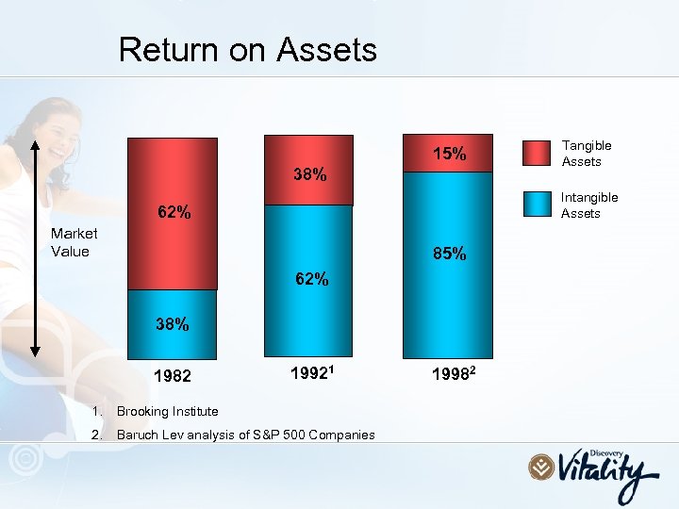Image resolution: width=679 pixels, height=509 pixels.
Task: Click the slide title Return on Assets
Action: tap(247, 50)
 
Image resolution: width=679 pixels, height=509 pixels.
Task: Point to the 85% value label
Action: tap(449, 254)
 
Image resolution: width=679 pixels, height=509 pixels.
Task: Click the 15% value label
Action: tap(449, 154)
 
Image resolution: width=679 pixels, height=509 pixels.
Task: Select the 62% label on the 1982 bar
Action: tap(174, 212)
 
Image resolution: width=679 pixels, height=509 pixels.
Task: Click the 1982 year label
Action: tap(174, 377)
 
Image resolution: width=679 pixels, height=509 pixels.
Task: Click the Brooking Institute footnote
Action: tap(167, 411)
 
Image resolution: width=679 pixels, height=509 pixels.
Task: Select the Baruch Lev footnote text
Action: tap(245, 435)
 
